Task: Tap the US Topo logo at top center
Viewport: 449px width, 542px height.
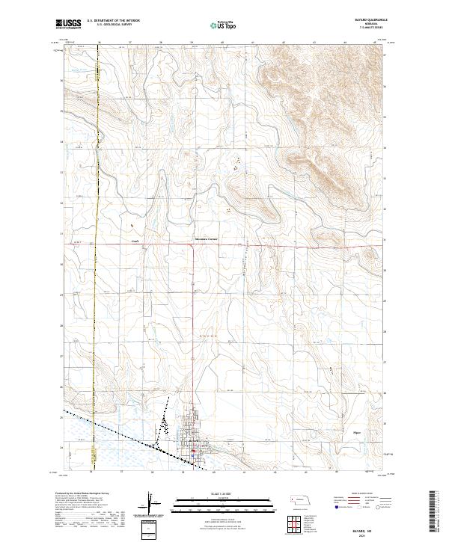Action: (225, 25)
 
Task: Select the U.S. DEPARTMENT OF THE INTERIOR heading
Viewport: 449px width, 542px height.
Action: (113, 21)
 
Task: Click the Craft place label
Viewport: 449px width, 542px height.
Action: (135, 241)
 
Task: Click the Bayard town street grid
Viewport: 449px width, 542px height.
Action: (192, 434)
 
